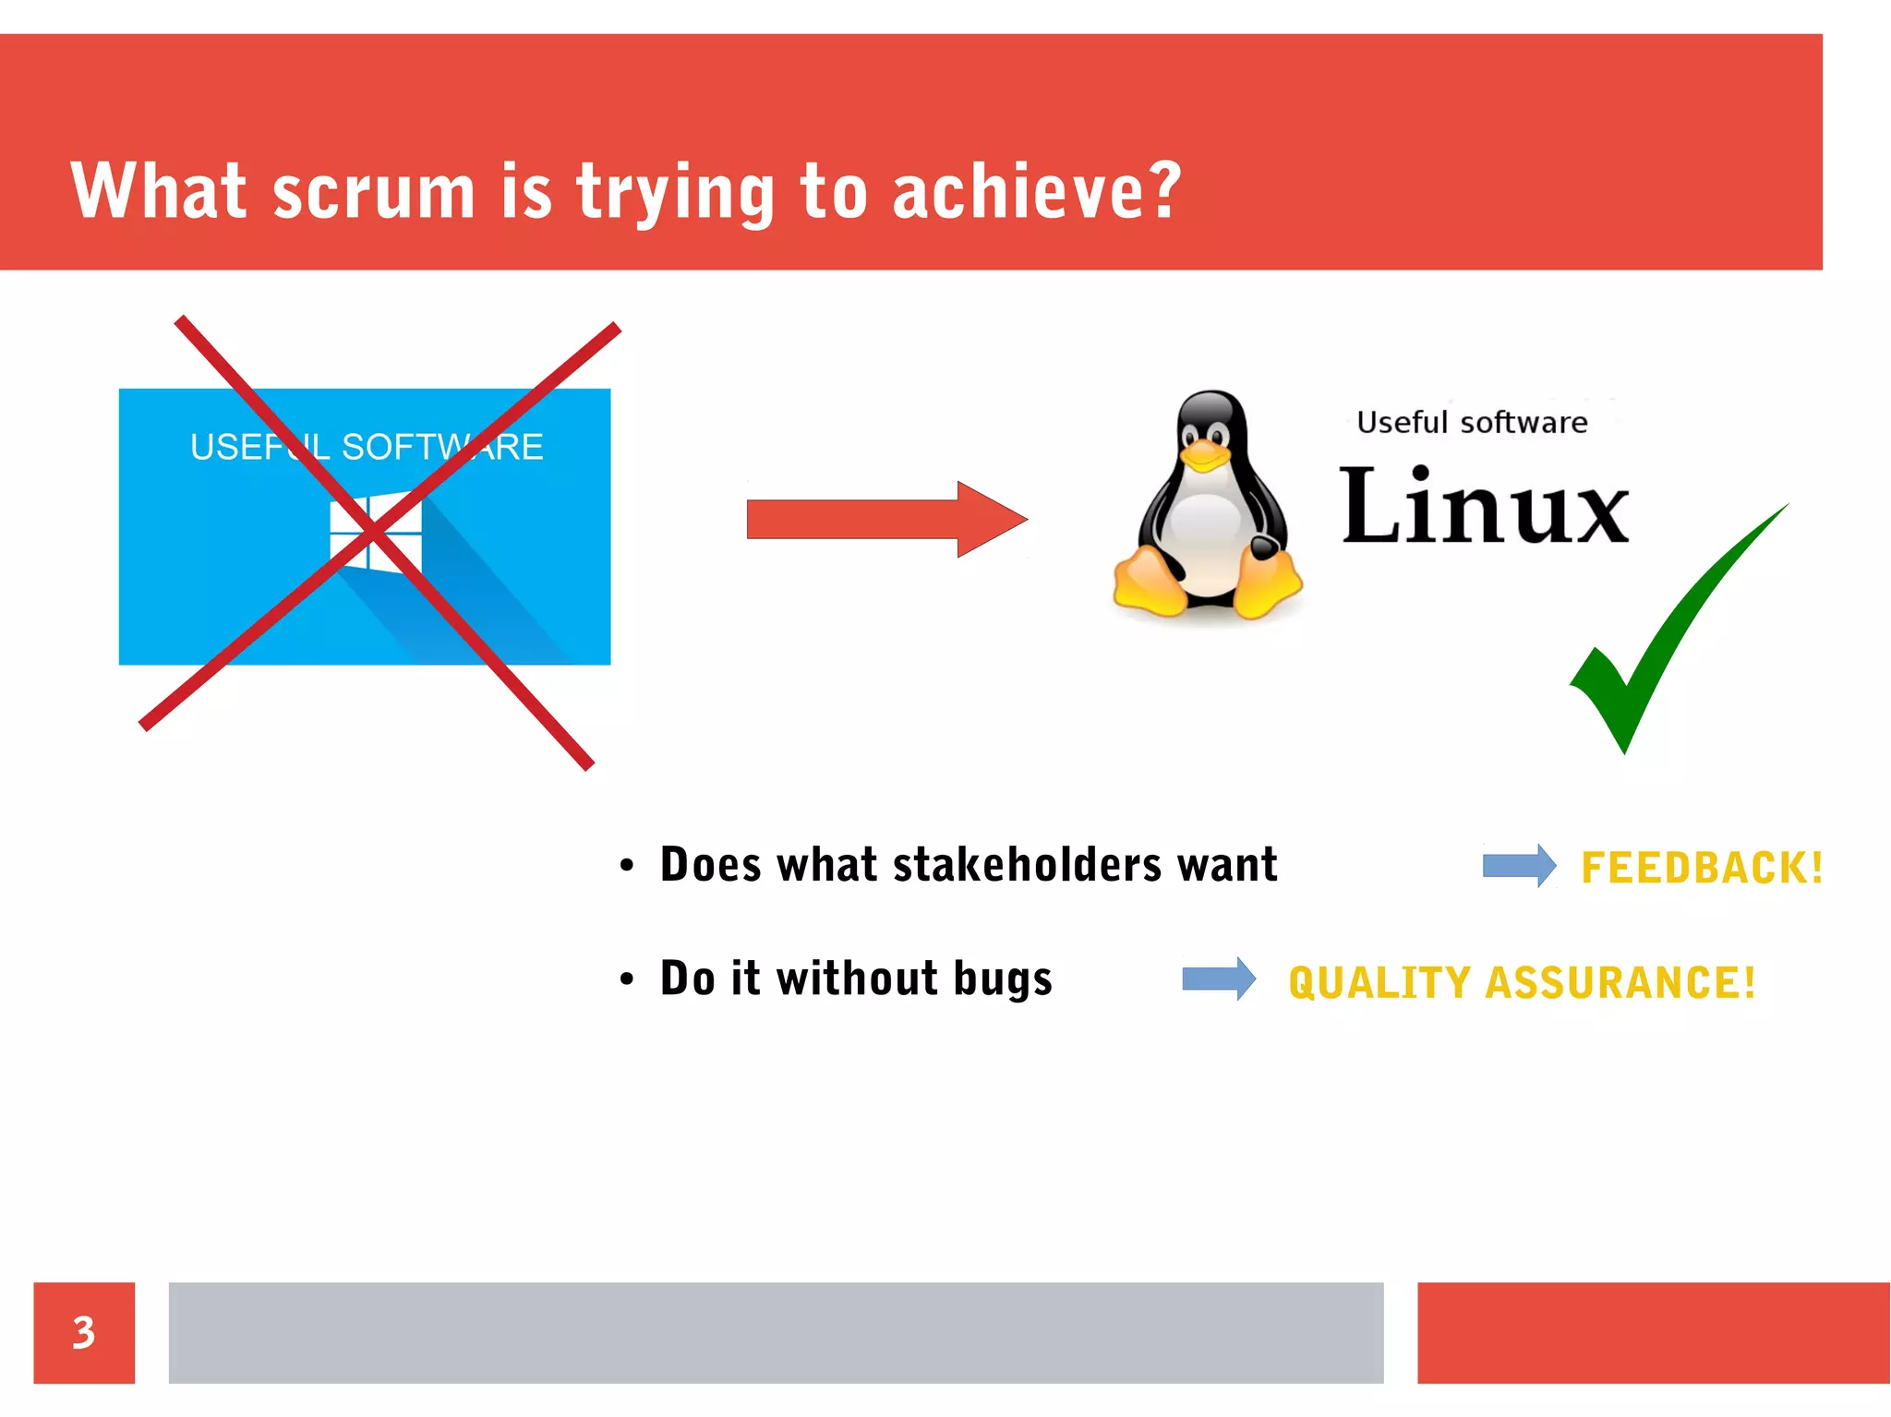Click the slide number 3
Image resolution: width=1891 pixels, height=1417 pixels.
pyautogui.click(x=84, y=1332)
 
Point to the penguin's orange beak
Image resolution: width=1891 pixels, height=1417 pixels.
pyautogui.click(x=1206, y=454)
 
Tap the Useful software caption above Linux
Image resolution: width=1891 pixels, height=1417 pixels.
pyautogui.click(x=1472, y=423)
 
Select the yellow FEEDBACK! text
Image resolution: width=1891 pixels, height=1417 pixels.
pyautogui.click(x=1702, y=868)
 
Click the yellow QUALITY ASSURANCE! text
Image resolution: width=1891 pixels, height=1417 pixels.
pyautogui.click(x=1522, y=982)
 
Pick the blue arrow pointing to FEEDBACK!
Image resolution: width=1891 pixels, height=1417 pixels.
pyautogui.click(x=1519, y=866)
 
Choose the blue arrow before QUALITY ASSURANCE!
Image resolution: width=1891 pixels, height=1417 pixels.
pyautogui.click(x=1219, y=979)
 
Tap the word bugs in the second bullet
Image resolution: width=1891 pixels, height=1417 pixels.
pyautogui.click(x=1002, y=979)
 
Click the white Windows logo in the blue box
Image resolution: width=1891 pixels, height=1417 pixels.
pyautogui.click(x=376, y=534)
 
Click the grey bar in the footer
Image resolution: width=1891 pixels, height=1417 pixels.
pyautogui.click(x=776, y=1332)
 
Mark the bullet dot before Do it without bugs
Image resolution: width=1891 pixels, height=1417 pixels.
pyautogui.click(x=627, y=979)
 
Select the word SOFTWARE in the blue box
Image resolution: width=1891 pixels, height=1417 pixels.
pyautogui.click(x=442, y=447)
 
